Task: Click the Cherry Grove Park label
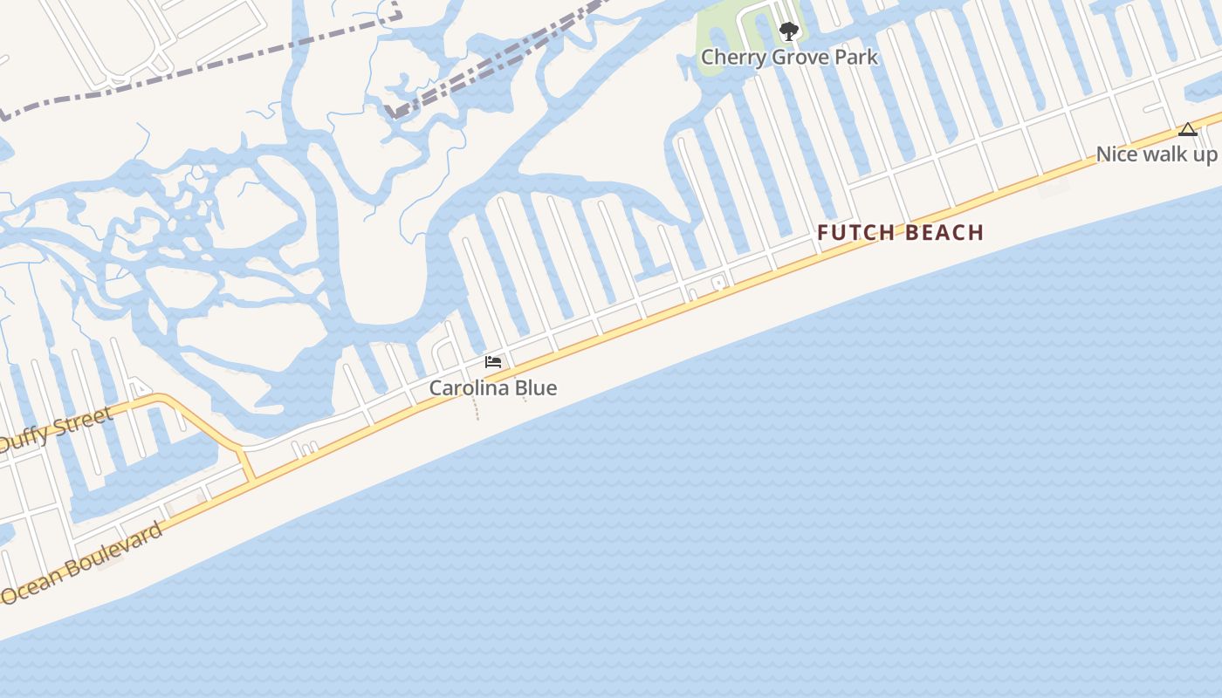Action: (x=789, y=58)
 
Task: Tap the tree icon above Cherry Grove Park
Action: (x=789, y=32)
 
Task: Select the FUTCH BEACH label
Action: (x=900, y=233)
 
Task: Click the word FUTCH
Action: (x=856, y=233)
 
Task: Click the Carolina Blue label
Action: (x=492, y=388)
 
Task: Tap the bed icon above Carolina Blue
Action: (x=493, y=362)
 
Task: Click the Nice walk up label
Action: (x=1156, y=154)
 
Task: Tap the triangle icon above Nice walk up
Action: (x=1187, y=130)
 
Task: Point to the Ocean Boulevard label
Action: (x=82, y=564)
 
